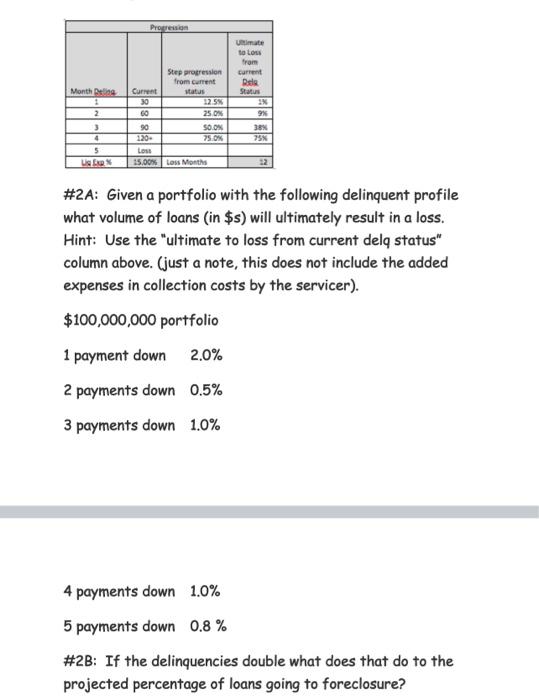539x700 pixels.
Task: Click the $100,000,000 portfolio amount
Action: click(x=140, y=321)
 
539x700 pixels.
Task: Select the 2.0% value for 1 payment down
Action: click(x=206, y=356)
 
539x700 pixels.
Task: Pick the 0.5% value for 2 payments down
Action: click(x=206, y=391)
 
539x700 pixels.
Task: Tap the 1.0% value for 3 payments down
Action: click(x=205, y=426)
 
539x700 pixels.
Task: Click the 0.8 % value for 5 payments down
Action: click(x=208, y=627)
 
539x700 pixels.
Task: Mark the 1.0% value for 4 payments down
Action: click(x=205, y=592)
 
